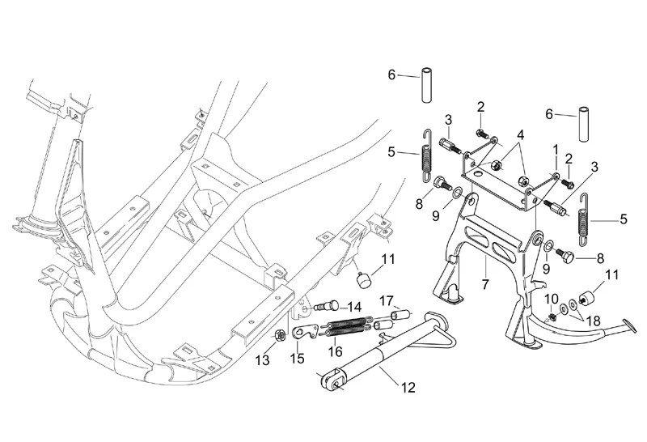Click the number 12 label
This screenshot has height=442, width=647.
(408, 388)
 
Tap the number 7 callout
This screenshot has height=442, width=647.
(485, 284)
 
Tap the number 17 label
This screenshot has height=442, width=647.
(387, 300)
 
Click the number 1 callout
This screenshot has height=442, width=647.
(556, 149)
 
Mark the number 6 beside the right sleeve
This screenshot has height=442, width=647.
(549, 114)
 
